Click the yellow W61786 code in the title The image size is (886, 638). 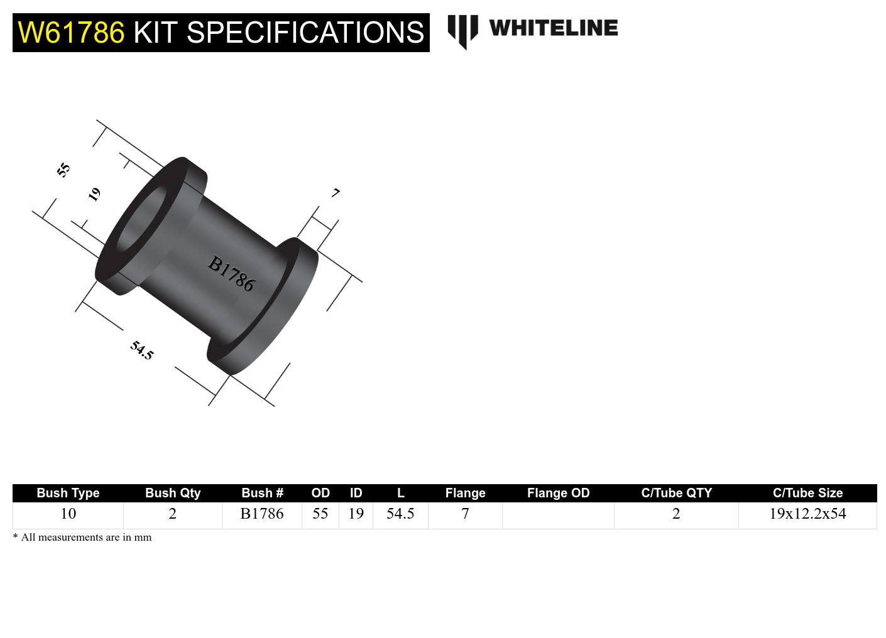71,33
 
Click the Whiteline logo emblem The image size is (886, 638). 462,31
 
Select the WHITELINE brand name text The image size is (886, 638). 553,28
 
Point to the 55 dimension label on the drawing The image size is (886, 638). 63,170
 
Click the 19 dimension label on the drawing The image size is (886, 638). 94,194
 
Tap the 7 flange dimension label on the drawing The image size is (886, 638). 336,193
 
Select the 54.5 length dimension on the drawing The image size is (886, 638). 142,350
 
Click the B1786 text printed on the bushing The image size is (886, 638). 231,274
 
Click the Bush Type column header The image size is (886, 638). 68,493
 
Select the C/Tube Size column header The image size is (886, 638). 807,493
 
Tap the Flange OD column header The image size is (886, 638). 558,493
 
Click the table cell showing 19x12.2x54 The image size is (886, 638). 807,514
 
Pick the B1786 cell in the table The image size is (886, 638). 262,514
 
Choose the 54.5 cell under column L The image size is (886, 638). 400,514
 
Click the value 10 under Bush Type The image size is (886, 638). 68,514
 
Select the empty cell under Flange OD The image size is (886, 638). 558,515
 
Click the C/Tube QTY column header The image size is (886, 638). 676,493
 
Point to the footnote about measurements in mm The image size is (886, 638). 82,537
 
